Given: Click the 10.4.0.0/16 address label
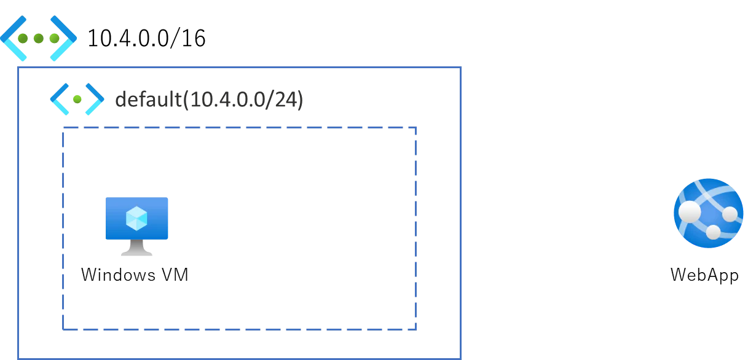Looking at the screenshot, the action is coord(146,38).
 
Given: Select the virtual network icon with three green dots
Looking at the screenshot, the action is coord(39,38).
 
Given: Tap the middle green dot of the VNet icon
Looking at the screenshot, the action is coord(39,39).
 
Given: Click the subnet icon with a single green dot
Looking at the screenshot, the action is coord(77,99).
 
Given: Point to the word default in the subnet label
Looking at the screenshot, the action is coord(149,99).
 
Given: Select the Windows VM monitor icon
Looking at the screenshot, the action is coord(136,227).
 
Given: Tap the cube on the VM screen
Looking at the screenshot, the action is coord(136,218).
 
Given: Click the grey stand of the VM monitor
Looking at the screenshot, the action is coord(136,248).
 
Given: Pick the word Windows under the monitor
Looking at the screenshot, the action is coord(118,275).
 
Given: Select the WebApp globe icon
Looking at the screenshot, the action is coord(709,213).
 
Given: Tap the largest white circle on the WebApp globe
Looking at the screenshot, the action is coord(690,212).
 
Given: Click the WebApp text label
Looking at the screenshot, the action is coord(705,275).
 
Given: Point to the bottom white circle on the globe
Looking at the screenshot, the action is coord(713,232).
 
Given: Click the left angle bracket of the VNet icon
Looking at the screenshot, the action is coord(14,38).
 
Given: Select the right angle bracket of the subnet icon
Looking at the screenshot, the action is coord(95,99).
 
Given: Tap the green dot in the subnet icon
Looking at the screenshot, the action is coord(77,99).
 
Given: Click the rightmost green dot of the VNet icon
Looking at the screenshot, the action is coord(54,39).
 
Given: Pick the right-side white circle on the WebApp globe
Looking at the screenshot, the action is coord(730,214).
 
